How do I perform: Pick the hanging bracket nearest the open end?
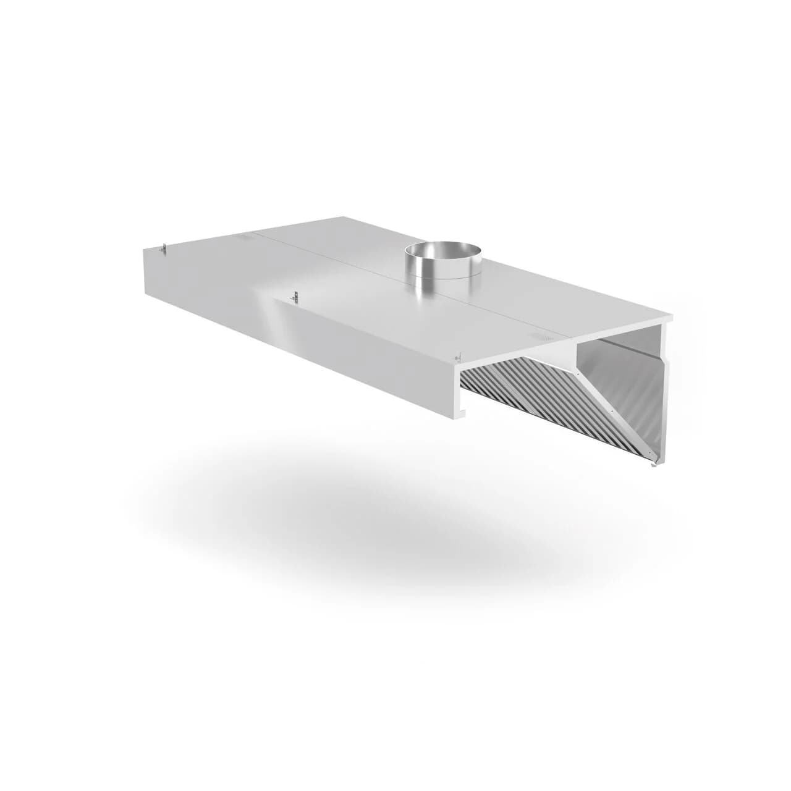coord(457,357)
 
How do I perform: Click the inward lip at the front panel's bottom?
coord(462,411)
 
